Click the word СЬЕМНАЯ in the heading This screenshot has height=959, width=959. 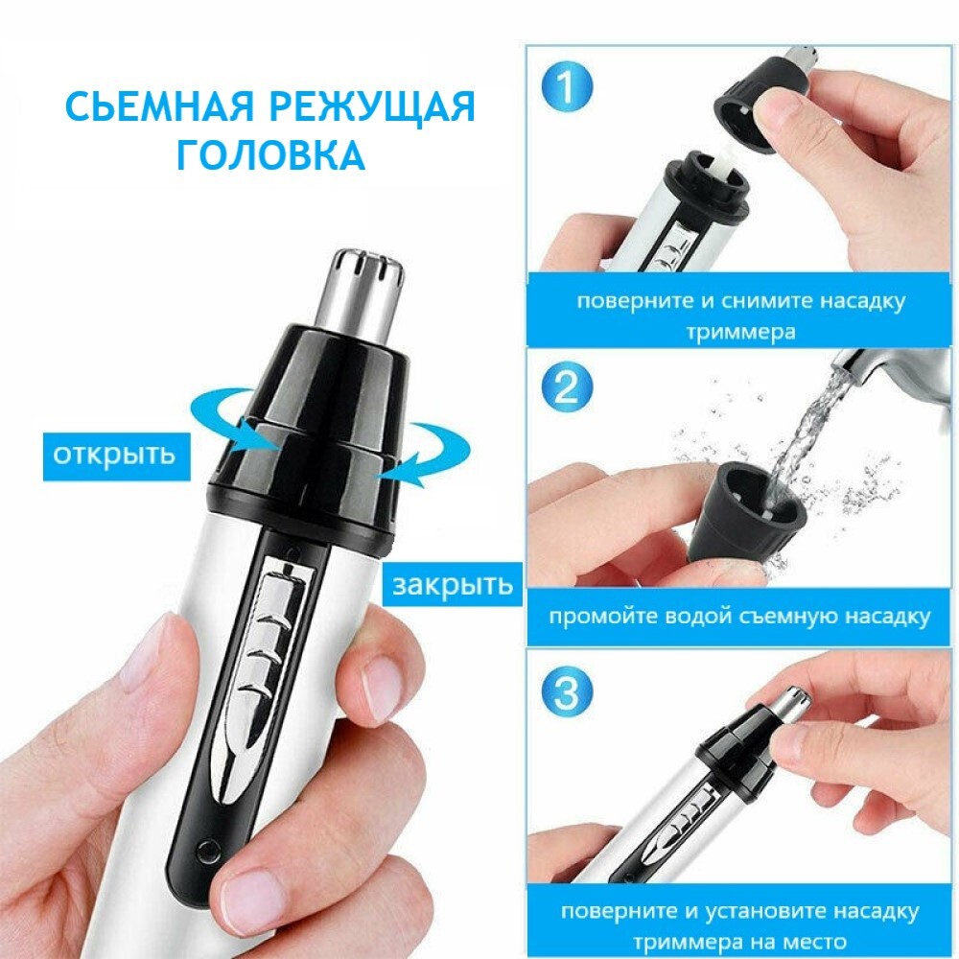coord(158,106)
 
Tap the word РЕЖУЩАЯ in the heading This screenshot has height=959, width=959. coord(372,108)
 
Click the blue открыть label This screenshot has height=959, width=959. coord(116,456)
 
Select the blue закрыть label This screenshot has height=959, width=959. coord(452,585)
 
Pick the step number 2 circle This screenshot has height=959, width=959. coord(567,386)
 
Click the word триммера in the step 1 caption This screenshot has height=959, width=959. coord(740,333)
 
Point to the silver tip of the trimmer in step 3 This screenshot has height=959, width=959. coord(793,702)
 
